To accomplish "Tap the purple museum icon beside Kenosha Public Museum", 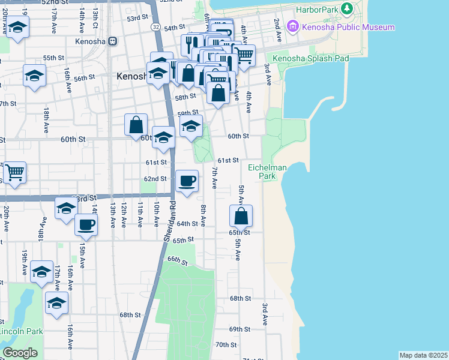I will pos(293,26).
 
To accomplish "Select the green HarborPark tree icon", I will pos(346,8).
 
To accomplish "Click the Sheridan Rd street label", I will pos(170,221).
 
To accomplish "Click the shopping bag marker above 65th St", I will pos(241,215).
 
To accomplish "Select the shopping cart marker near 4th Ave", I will pos(244,55).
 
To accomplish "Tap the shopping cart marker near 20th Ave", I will pos(15,172).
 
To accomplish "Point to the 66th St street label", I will pos(178,261).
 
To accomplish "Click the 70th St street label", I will pos(226,344).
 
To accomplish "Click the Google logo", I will pos(20,353).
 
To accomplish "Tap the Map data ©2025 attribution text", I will pos(423,355).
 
